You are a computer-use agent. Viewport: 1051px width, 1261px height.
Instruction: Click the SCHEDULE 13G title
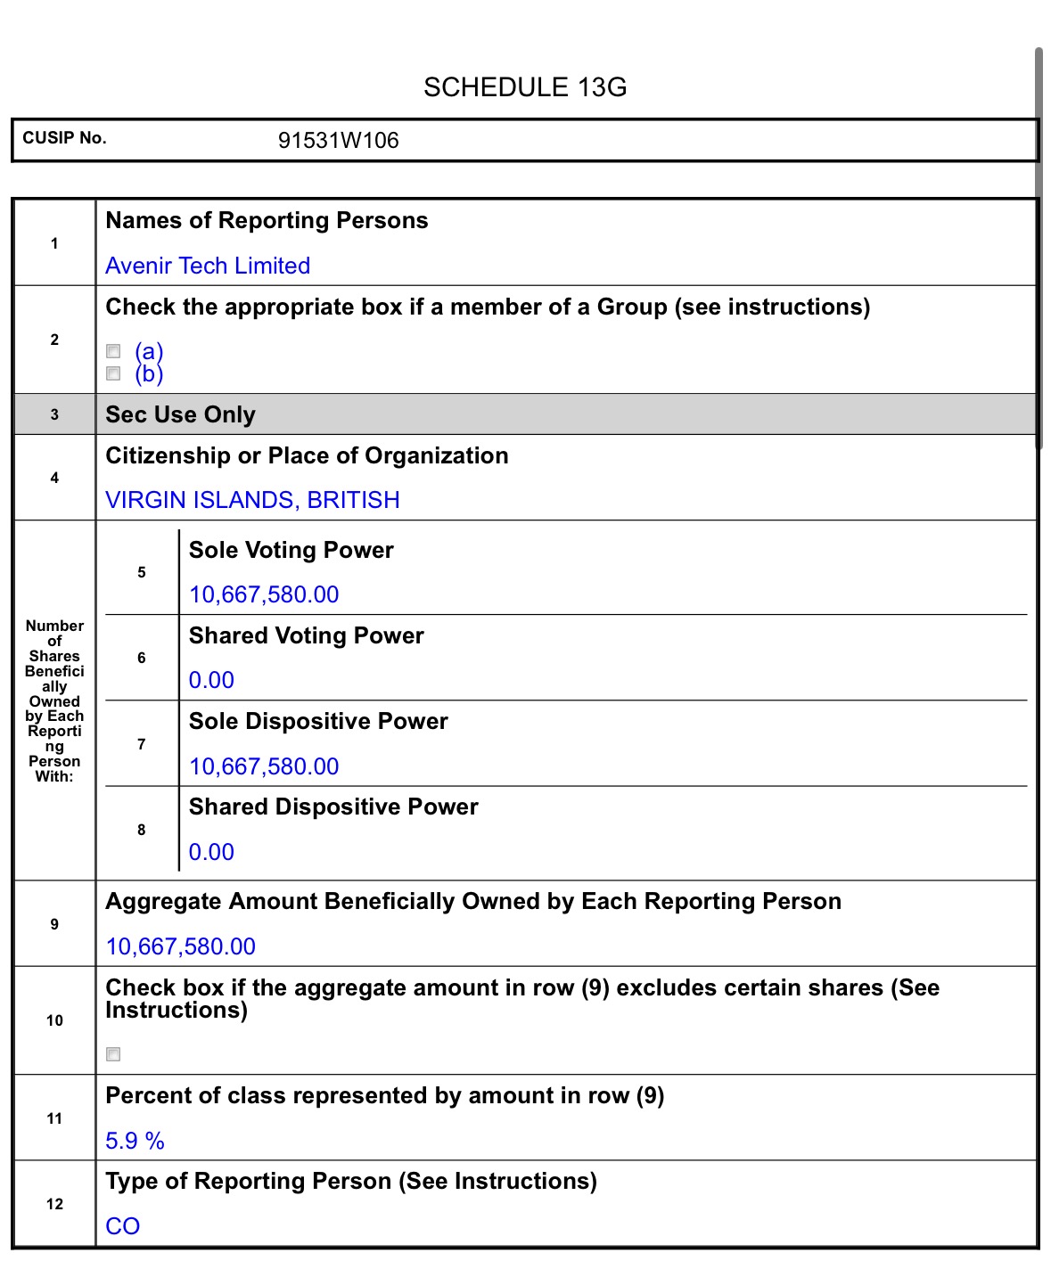click(x=525, y=87)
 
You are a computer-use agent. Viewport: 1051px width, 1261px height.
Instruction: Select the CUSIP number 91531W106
click(x=338, y=141)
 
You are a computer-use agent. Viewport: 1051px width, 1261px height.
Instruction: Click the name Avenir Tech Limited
click(x=208, y=266)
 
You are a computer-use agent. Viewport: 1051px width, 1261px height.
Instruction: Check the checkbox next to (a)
click(x=113, y=351)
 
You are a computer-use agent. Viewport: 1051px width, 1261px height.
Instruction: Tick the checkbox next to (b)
click(x=113, y=373)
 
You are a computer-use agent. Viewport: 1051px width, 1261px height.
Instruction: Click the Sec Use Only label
click(x=180, y=414)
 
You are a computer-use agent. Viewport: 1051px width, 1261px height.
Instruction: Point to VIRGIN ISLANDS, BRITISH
click(x=252, y=500)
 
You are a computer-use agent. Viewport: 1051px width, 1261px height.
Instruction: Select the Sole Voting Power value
click(x=264, y=594)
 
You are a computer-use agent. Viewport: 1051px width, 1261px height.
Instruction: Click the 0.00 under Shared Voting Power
click(x=211, y=680)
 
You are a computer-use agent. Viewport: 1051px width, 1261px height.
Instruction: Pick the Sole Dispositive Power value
click(x=264, y=766)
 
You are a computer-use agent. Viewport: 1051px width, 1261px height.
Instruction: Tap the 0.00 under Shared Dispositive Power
click(x=211, y=852)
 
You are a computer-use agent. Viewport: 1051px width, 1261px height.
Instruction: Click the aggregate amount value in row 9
click(x=181, y=946)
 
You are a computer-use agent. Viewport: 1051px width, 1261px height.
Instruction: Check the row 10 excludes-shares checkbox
click(x=113, y=1054)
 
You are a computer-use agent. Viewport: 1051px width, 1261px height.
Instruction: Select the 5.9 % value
click(x=135, y=1141)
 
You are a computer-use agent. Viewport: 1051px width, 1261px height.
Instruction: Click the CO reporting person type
click(x=123, y=1226)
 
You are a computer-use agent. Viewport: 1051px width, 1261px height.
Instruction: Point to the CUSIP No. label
click(x=64, y=138)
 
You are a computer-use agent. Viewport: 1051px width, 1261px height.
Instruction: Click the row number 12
click(x=54, y=1204)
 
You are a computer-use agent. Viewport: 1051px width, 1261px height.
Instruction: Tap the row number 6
click(x=141, y=658)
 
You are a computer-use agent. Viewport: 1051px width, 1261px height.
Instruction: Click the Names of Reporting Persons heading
click(x=267, y=220)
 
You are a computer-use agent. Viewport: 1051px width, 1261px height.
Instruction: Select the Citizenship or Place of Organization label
click(x=307, y=455)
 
